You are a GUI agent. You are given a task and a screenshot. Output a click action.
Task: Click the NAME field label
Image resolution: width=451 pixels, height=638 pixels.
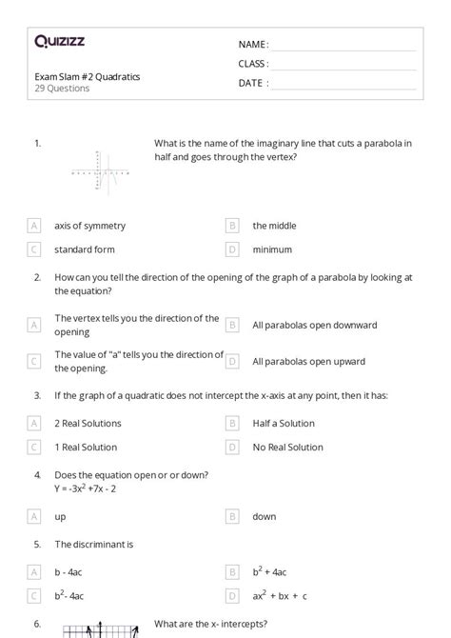click(x=253, y=45)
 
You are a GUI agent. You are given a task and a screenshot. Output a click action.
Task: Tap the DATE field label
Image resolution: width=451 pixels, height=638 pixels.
click(x=253, y=83)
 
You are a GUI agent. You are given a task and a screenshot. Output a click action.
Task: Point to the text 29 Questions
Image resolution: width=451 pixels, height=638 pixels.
click(x=62, y=89)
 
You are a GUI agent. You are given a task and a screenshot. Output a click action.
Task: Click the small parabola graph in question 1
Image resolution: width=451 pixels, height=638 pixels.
click(x=100, y=173)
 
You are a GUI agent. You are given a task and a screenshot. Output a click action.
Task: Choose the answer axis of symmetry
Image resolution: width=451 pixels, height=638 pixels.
click(x=89, y=226)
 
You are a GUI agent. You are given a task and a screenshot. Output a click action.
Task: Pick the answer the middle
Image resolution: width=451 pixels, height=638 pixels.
click(x=274, y=226)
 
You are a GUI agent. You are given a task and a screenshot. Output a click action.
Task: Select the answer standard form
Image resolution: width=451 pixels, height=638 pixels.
click(x=85, y=249)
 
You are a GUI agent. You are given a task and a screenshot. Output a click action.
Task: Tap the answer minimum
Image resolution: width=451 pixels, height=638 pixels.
click(x=271, y=249)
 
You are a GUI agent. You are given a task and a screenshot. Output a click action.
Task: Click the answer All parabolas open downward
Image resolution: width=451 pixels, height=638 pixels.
click(x=314, y=325)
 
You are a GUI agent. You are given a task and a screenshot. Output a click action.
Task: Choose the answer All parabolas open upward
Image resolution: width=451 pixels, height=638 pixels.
click(x=308, y=362)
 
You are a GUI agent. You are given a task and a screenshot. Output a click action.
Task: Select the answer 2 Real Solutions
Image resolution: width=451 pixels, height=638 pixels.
click(x=91, y=423)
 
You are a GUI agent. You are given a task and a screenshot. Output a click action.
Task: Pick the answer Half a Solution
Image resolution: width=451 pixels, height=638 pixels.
click(x=284, y=423)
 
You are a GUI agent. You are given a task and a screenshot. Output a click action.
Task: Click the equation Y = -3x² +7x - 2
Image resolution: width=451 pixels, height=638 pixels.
click(x=95, y=488)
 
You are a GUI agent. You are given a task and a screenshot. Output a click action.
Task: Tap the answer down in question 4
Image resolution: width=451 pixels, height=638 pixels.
click(x=265, y=516)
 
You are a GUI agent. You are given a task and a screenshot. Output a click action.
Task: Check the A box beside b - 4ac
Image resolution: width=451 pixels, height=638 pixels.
click(x=34, y=572)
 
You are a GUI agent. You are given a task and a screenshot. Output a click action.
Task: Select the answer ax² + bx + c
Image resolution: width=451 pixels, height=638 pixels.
click(x=280, y=596)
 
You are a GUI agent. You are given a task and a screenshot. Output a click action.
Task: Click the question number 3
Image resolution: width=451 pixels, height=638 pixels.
click(x=37, y=395)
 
